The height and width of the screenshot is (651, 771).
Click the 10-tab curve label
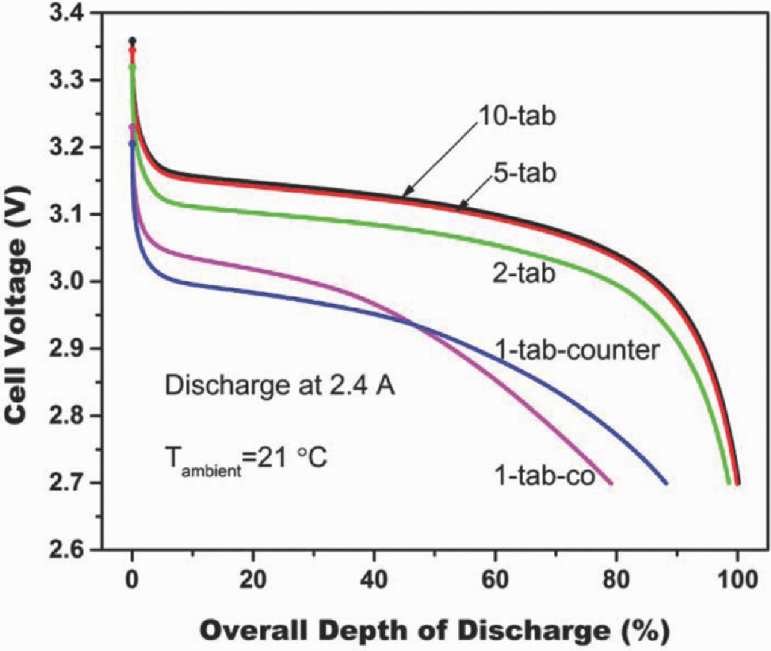[517, 116]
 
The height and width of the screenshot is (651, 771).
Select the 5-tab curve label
[522, 173]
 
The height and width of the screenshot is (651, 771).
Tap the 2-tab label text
[523, 273]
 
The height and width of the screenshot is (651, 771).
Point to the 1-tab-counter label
[576, 350]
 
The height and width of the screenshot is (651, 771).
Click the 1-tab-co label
[545, 475]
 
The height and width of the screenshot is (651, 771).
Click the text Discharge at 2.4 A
[279, 385]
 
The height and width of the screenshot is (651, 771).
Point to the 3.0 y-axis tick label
[69, 282]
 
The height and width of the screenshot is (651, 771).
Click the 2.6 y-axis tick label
[69, 549]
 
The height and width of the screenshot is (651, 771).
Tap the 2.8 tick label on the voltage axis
[69, 416]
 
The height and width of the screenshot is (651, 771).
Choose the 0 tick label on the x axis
[133, 579]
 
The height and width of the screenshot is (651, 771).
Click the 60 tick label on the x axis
[495, 579]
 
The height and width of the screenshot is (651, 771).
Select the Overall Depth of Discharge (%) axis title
[434, 631]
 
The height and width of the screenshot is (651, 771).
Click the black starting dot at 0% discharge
[133, 41]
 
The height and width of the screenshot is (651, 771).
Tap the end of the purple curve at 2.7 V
[610, 482]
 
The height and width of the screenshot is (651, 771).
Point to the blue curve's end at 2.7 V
[666, 482]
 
